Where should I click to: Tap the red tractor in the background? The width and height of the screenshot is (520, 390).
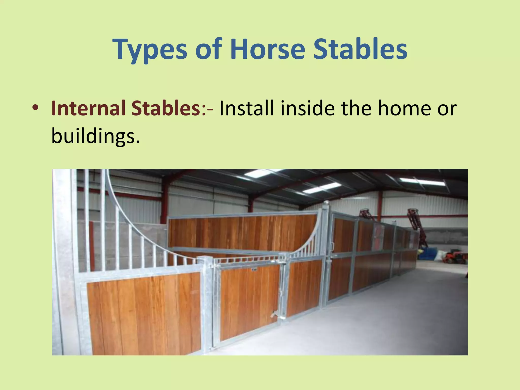click(457, 256)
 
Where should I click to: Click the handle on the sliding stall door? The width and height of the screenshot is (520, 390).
click(332, 246)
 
